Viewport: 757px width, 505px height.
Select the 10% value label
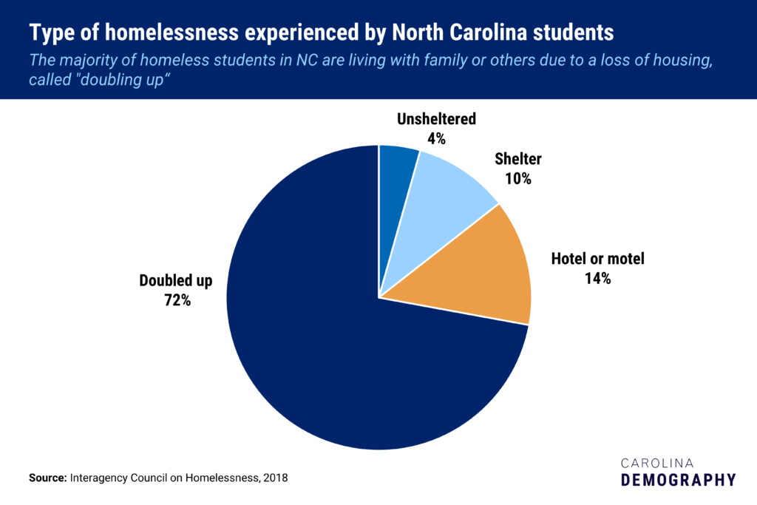coord(519,178)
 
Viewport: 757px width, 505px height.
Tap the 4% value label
coord(436,138)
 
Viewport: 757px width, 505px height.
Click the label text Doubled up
coord(176,281)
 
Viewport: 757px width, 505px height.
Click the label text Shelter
coord(519,159)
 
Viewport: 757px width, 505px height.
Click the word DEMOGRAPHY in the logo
coord(678,480)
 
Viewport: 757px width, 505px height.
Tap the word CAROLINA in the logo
coord(656,462)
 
